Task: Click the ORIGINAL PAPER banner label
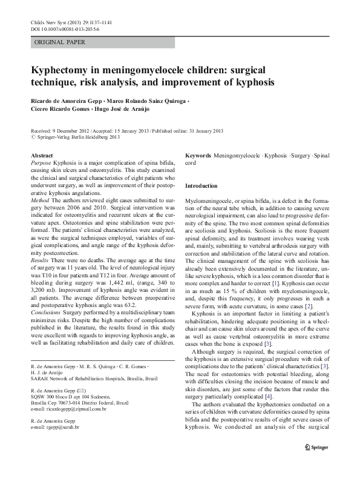coord(60,42)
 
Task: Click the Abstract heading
coord(42,156)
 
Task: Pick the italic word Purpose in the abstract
coord(41,164)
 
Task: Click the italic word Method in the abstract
coord(40,199)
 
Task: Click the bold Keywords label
coord(198,156)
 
